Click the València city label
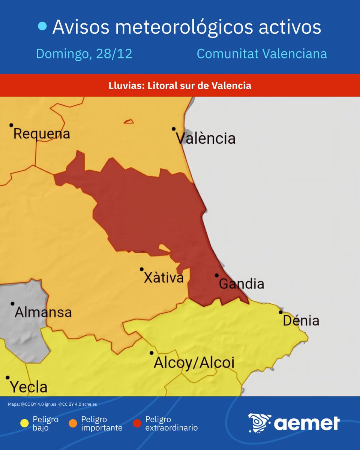(206, 139)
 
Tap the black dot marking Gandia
(216, 275)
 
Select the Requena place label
(42, 134)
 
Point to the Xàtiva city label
(164, 278)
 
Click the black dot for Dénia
(280, 312)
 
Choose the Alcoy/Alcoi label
(194, 363)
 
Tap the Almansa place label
(43, 312)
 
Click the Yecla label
(28, 387)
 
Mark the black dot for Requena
(11, 125)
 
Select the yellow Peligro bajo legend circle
(25, 423)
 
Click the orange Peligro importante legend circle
(73, 423)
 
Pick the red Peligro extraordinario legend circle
(137, 423)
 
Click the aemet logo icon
(259, 423)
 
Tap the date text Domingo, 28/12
(84, 54)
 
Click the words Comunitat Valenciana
(262, 54)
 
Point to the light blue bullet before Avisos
(43, 26)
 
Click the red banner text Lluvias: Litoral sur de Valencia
(180, 86)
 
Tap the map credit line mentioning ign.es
(52, 404)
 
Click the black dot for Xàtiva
(142, 269)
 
